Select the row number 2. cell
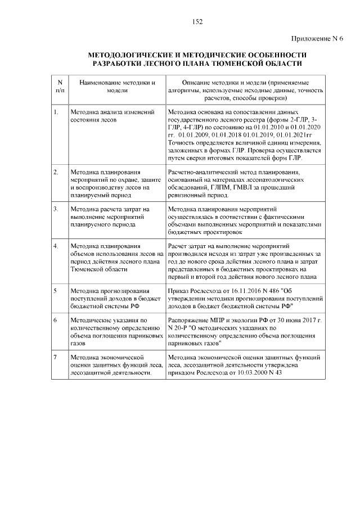click(56, 172)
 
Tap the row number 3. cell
click(56, 209)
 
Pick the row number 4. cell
click(56, 246)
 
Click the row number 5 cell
click(56, 291)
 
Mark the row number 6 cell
click(56, 319)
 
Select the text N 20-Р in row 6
click(179, 327)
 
